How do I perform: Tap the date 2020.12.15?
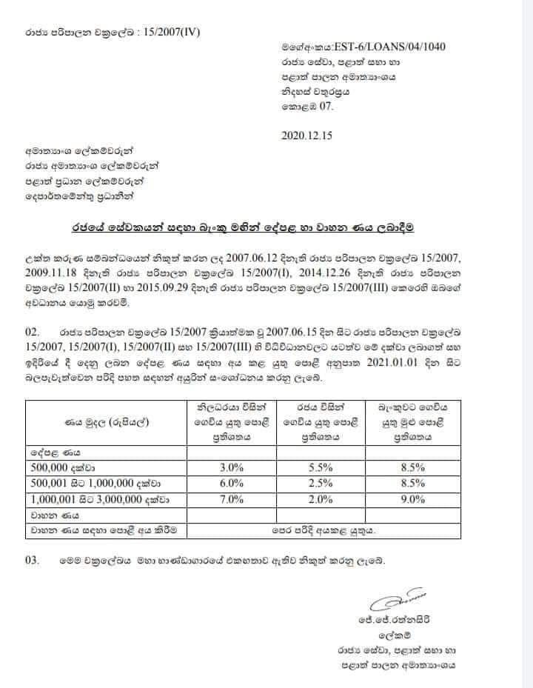pos(306,136)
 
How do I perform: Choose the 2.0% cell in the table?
pos(320,499)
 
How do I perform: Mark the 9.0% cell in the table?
pos(411,499)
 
